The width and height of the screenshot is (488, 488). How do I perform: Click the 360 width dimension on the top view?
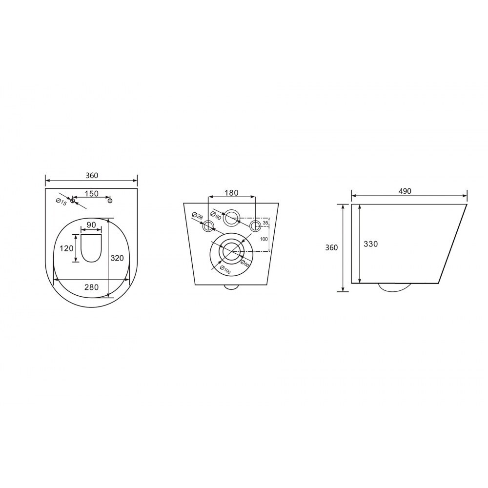point(92,176)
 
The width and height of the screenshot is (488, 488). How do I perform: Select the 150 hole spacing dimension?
point(92,194)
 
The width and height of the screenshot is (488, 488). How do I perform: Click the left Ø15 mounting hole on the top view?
point(73,201)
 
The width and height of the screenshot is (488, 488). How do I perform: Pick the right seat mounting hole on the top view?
point(110,201)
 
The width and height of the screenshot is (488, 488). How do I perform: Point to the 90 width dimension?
point(91,224)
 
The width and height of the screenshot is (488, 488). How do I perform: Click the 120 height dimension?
point(66,248)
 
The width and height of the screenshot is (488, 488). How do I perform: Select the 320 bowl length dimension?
point(117,258)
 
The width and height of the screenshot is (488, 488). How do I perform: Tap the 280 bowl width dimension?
point(92,287)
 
